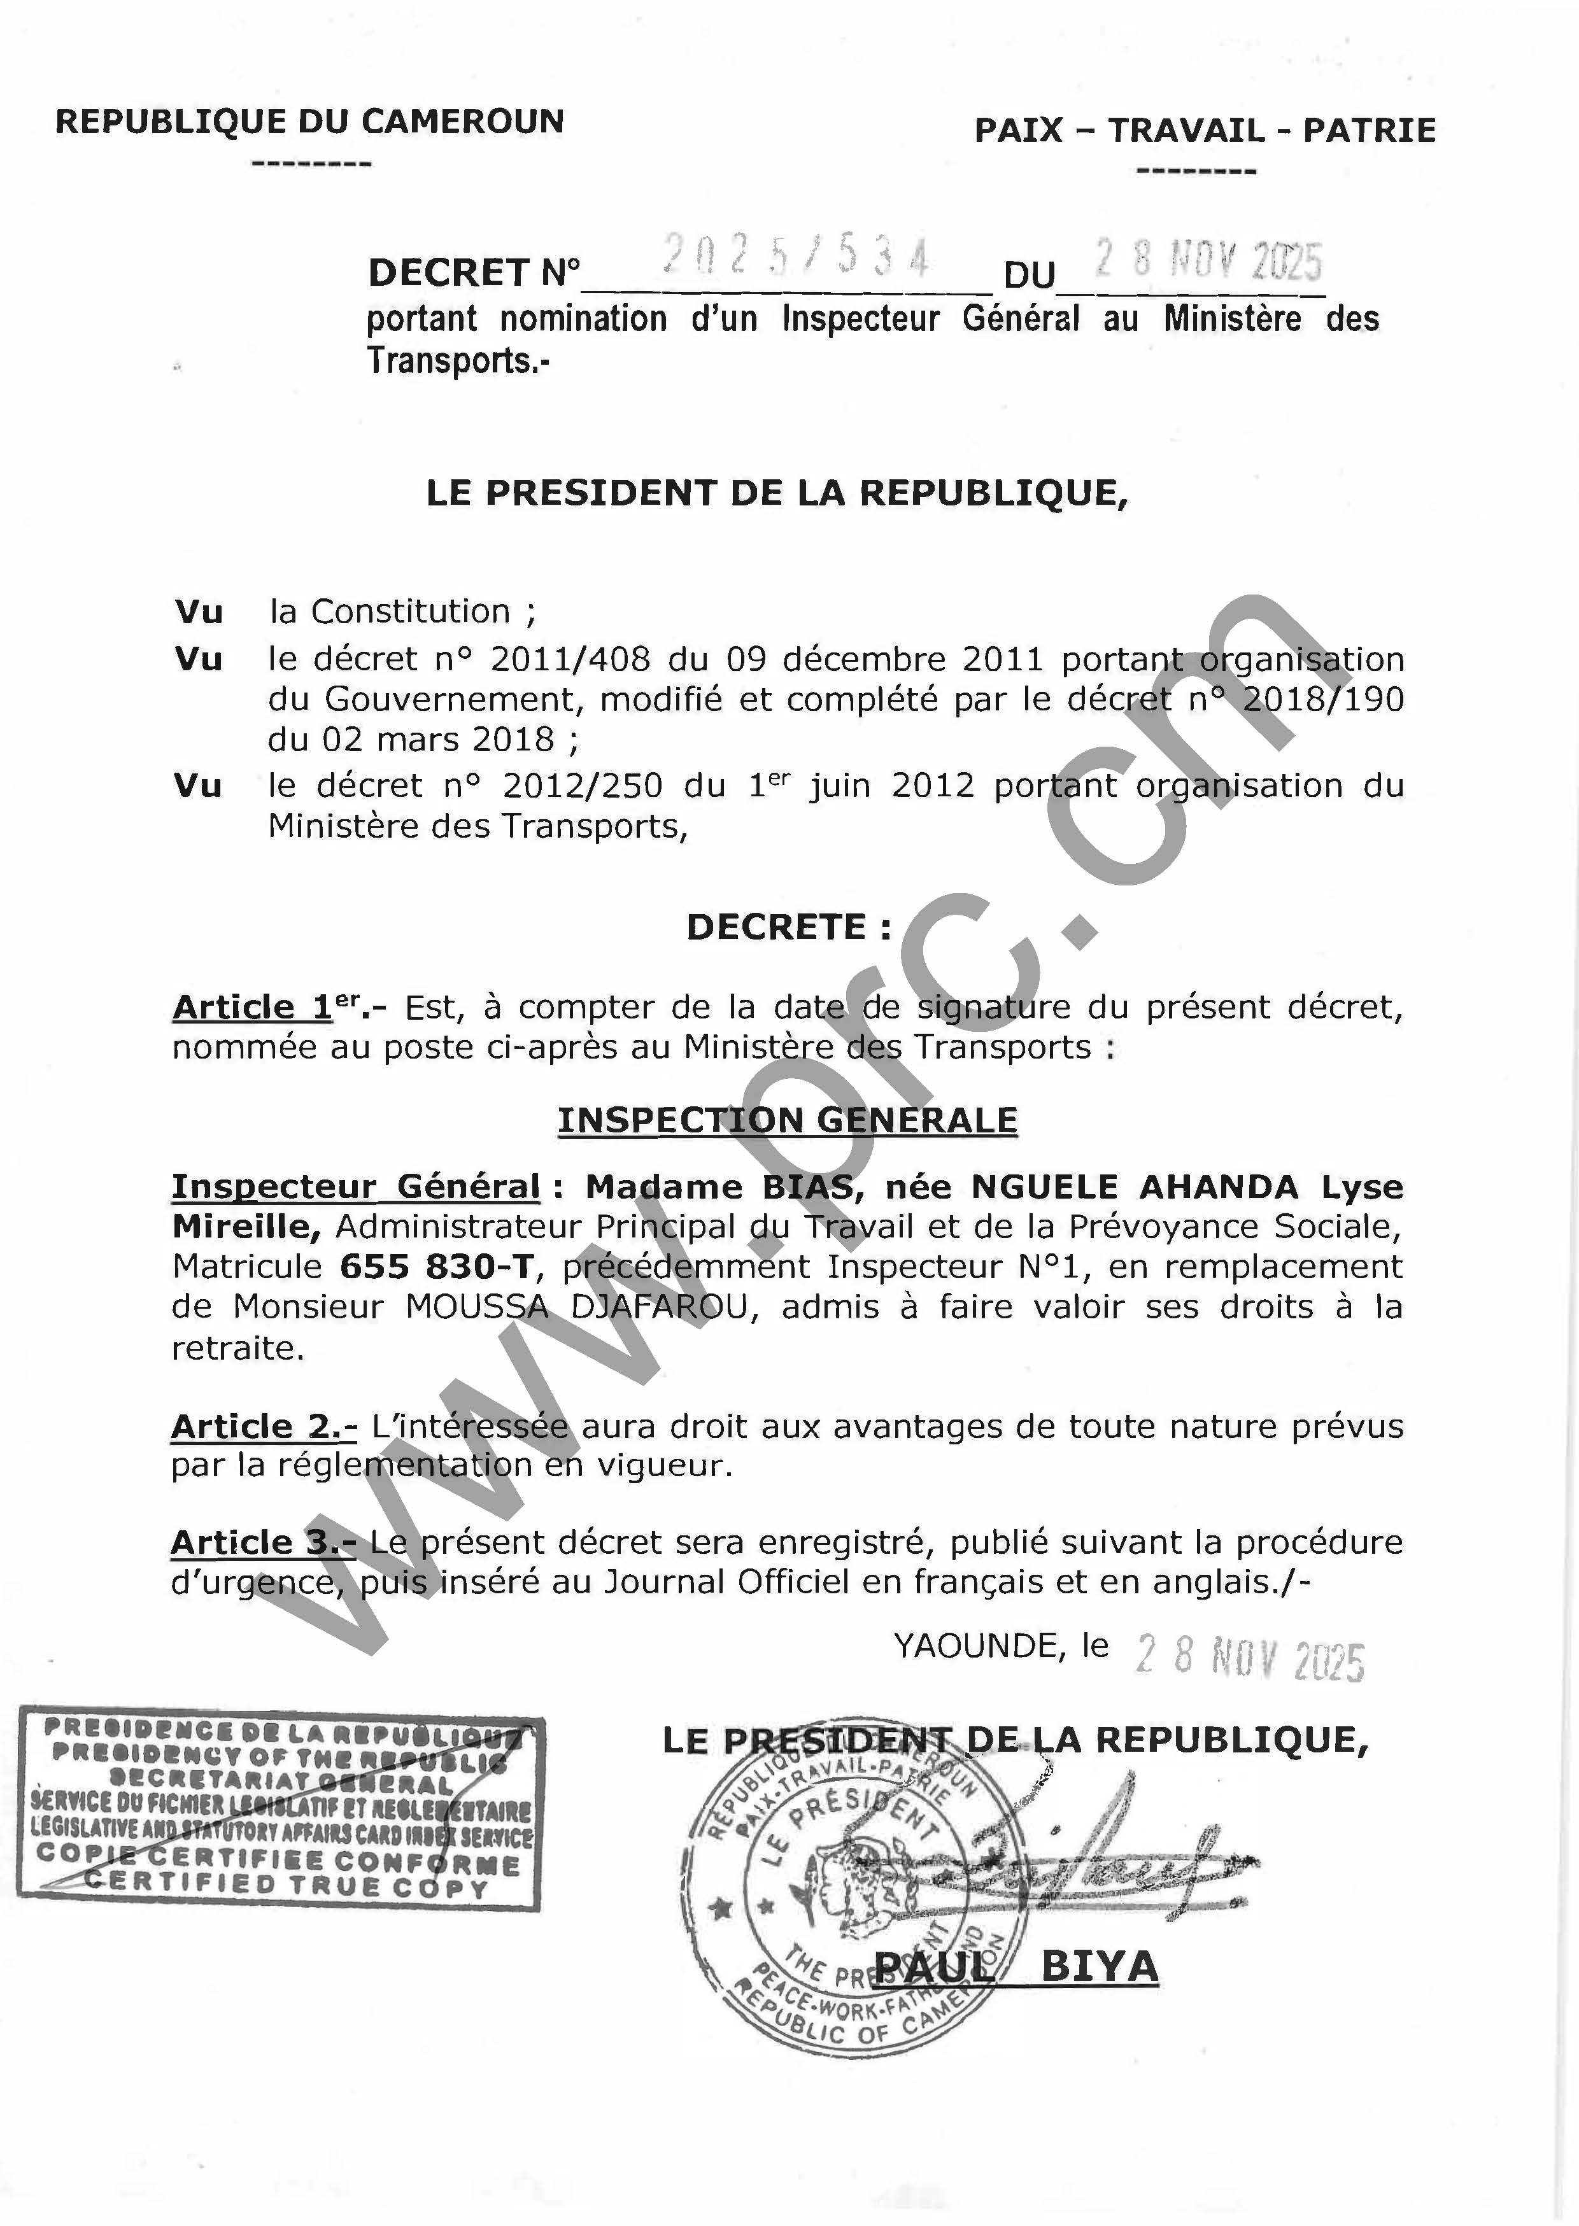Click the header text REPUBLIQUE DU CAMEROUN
click(309, 122)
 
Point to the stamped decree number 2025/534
click(795, 258)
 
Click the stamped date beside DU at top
click(1208, 260)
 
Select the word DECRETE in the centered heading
click(776, 927)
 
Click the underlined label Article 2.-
click(264, 1426)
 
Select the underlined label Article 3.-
click(264, 1542)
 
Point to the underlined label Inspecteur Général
click(356, 1187)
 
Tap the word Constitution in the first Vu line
click(410, 612)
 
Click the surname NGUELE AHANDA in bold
click(1135, 1187)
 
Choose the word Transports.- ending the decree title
click(457, 361)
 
